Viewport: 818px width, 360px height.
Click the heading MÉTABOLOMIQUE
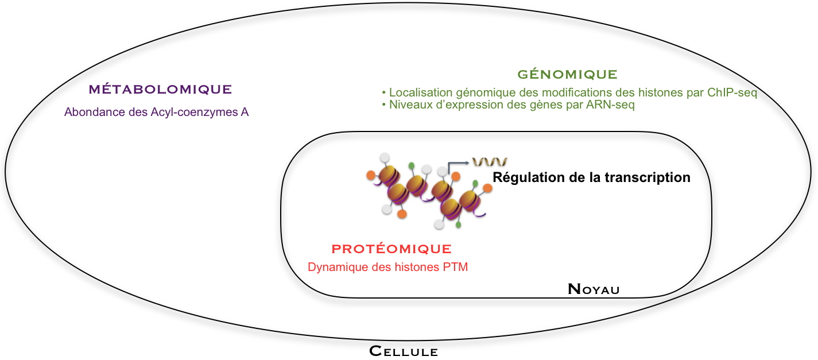(x=160, y=90)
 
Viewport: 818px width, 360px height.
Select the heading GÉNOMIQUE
(x=567, y=75)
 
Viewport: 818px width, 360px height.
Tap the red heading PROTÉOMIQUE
(x=391, y=249)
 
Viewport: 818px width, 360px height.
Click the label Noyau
(x=594, y=289)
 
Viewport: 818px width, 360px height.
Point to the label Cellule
(x=403, y=351)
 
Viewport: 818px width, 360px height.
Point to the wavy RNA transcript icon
(x=489, y=162)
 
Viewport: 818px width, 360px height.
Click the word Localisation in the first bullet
(x=418, y=92)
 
